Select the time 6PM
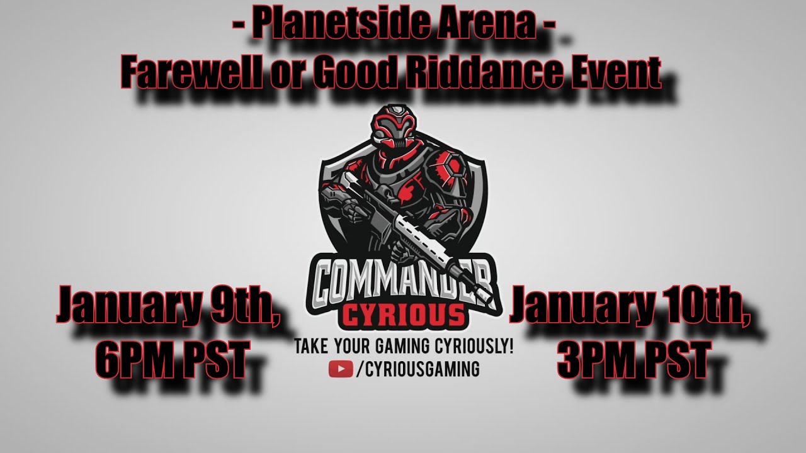coord(135,359)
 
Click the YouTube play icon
coord(341,369)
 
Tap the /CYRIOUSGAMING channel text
coord(417,369)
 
